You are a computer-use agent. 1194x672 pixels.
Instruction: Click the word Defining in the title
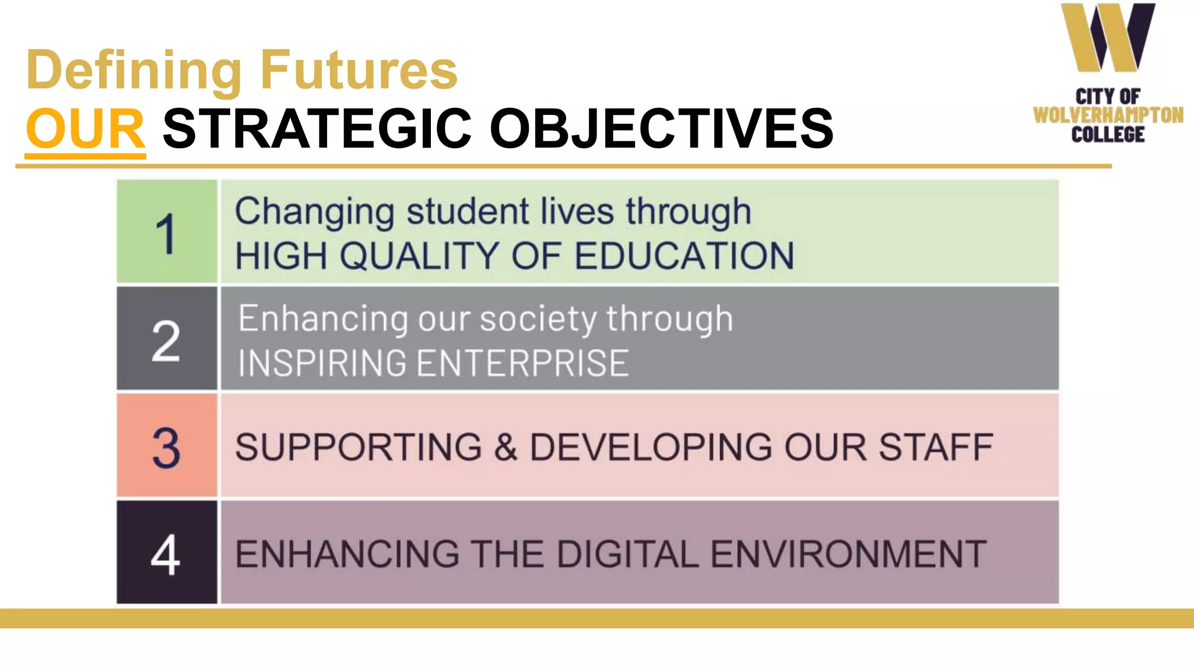pyautogui.click(x=134, y=71)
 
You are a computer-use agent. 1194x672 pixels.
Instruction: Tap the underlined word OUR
pyautogui.click(x=85, y=129)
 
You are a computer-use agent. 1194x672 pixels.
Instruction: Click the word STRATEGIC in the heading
pyautogui.click(x=317, y=129)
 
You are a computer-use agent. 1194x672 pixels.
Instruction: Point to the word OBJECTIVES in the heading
pyautogui.click(x=662, y=129)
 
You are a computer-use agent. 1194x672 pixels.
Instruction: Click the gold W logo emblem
pyautogui.click(x=1107, y=38)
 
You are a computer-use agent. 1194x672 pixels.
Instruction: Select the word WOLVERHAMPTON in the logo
pyautogui.click(x=1108, y=115)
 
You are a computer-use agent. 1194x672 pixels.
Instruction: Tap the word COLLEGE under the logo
pyautogui.click(x=1108, y=135)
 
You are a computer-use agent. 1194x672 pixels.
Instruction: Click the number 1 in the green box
pyautogui.click(x=166, y=233)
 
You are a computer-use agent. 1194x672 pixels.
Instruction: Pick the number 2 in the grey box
pyautogui.click(x=166, y=341)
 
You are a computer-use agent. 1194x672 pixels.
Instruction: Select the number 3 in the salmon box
pyautogui.click(x=166, y=448)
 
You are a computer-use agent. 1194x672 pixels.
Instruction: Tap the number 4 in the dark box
pyautogui.click(x=166, y=555)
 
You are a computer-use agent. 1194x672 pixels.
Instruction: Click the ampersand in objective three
pyautogui.click(x=505, y=447)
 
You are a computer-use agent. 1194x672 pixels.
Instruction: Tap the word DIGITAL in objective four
pyautogui.click(x=627, y=554)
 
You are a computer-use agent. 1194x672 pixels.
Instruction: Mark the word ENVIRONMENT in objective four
pyautogui.click(x=848, y=554)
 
